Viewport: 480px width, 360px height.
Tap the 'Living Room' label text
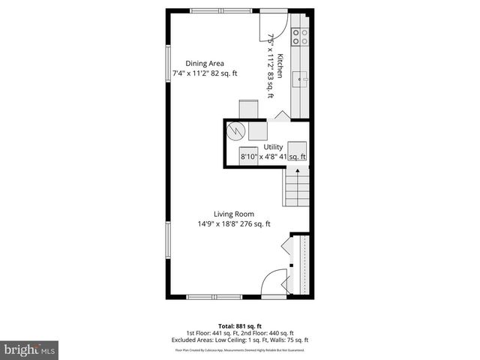tap(233, 214)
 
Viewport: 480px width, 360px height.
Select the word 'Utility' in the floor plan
tap(273, 147)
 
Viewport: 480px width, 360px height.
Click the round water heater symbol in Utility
tap(236, 130)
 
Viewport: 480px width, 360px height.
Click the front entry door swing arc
tap(276, 280)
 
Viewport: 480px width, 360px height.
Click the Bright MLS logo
tap(30, 349)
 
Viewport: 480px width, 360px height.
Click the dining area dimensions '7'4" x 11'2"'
tap(192, 73)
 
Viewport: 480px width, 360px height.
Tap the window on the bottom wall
tap(214, 297)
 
